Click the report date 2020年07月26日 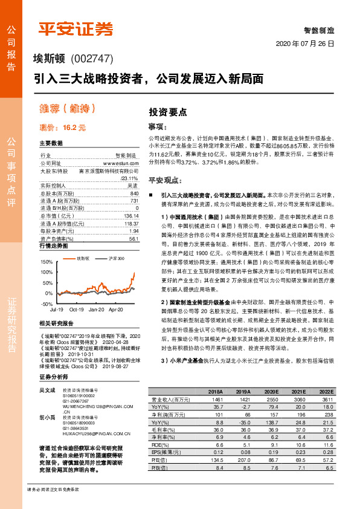(x=304, y=45)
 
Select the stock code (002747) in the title (x=92, y=59)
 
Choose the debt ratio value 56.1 (x=133, y=239)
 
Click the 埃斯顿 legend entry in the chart (x=83, y=258)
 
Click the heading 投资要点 (x=168, y=112)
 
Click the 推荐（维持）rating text (x=68, y=109)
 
